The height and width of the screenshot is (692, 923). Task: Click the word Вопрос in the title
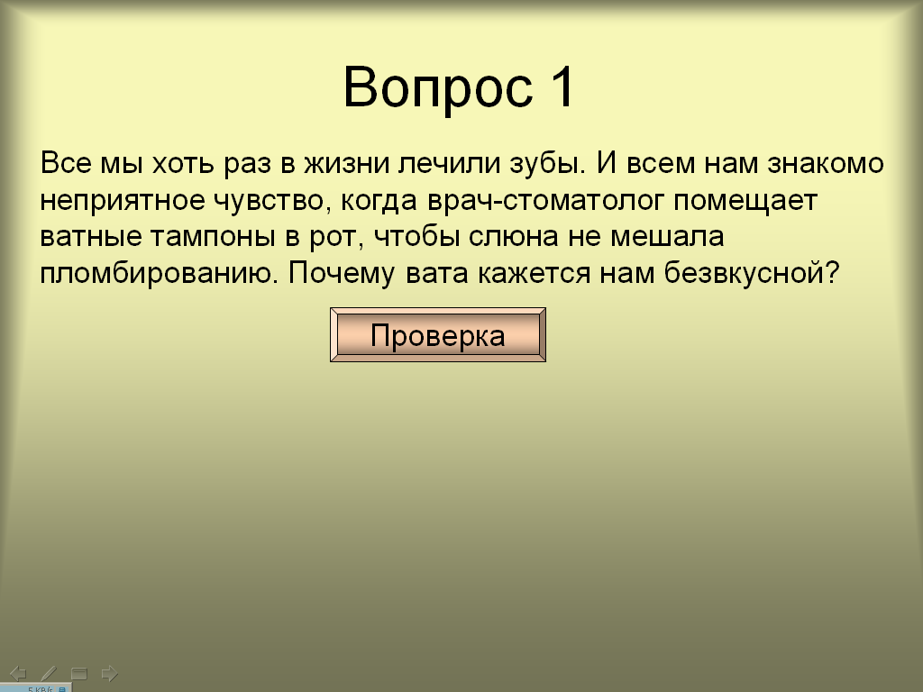pos(438,88)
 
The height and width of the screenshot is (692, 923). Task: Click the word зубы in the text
pos(547,162)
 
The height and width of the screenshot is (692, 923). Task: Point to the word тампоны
pos(213,237)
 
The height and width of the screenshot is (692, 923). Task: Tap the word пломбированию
pos(159,274)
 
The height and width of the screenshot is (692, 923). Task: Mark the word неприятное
pos(123,201)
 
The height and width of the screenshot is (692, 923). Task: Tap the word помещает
pos(745,201)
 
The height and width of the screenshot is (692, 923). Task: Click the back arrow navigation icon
pos(18,673)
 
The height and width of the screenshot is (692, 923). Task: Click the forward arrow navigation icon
pos(109,673)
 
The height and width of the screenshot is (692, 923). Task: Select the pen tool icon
pos(49,673)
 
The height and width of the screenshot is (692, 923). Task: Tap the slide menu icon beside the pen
pos(79,673)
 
